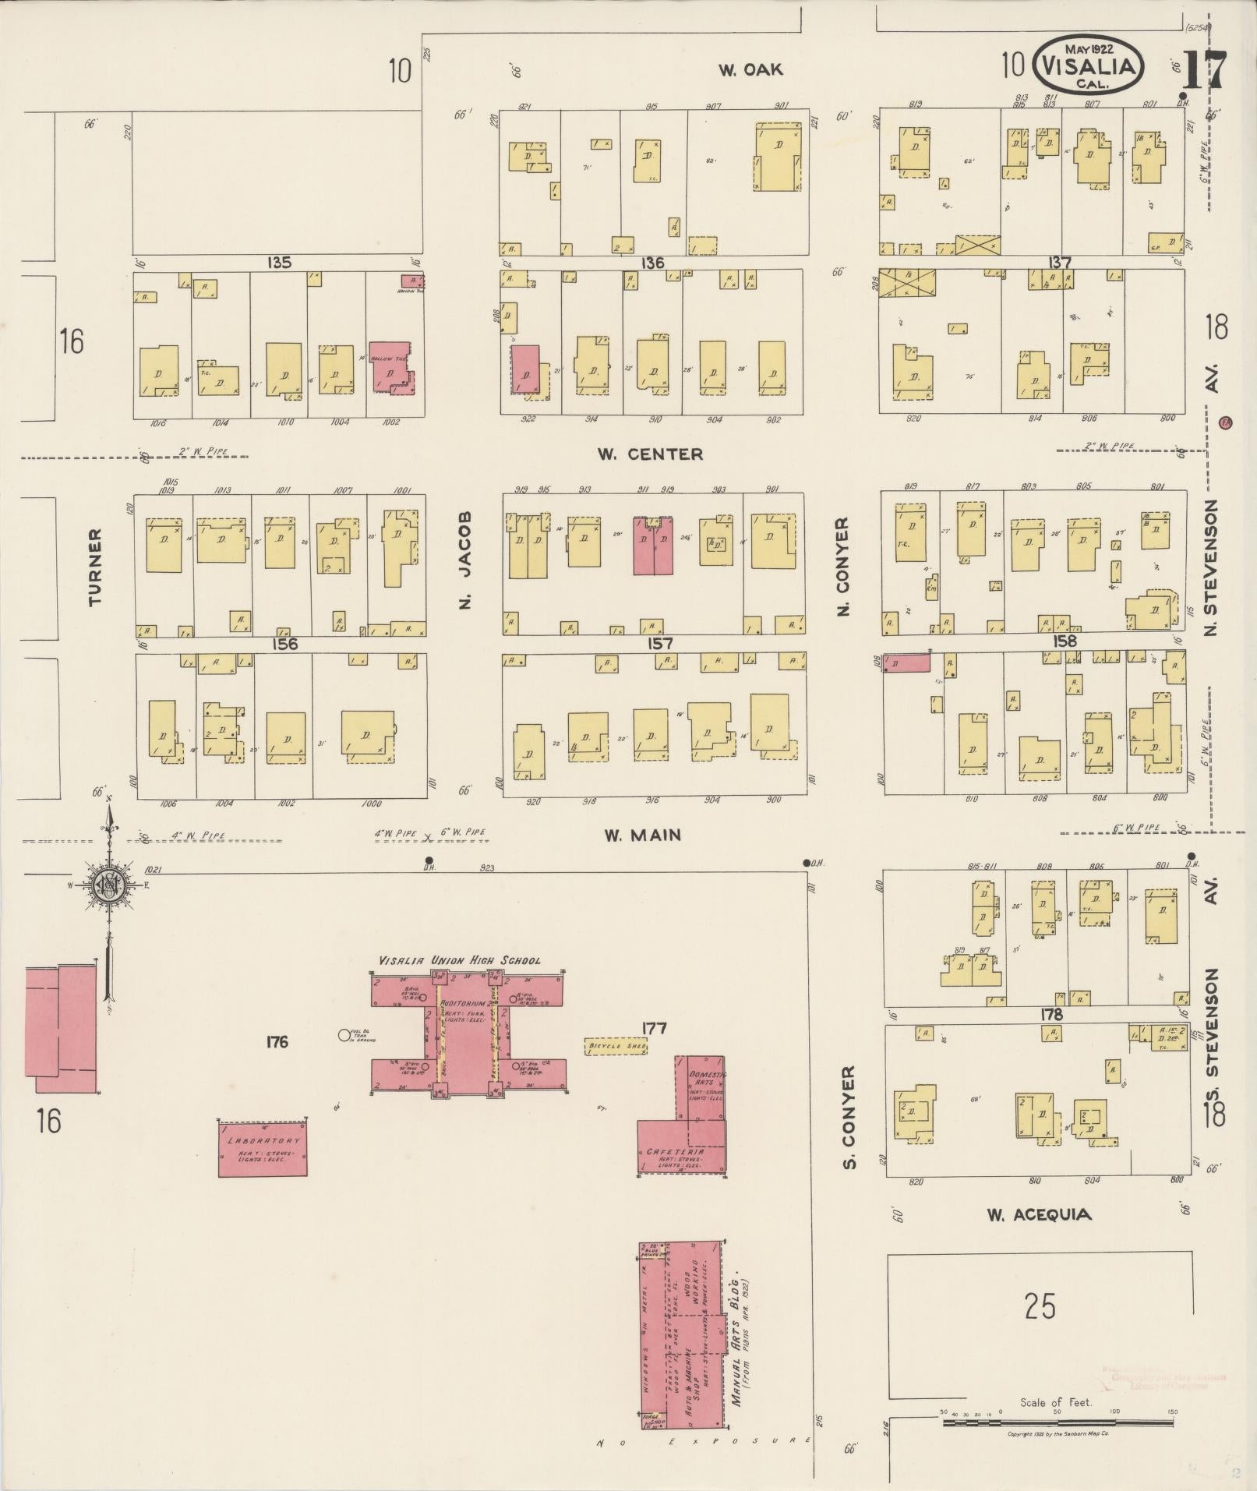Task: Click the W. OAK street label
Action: pos(750,70)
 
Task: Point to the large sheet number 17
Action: pos(1205,71)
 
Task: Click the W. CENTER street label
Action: pos(650,454)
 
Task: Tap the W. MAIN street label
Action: pos(643,835)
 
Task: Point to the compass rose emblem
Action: pos(107,885)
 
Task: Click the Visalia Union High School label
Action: pos(459,960)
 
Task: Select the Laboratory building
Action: pos(263,1147)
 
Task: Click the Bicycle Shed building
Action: pos(616,1046)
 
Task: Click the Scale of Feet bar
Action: pos(1058,1423)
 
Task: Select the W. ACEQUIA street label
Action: pos(1039,1214)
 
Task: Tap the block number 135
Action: pos(278,263)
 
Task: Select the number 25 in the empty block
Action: pos(1040,1306)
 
